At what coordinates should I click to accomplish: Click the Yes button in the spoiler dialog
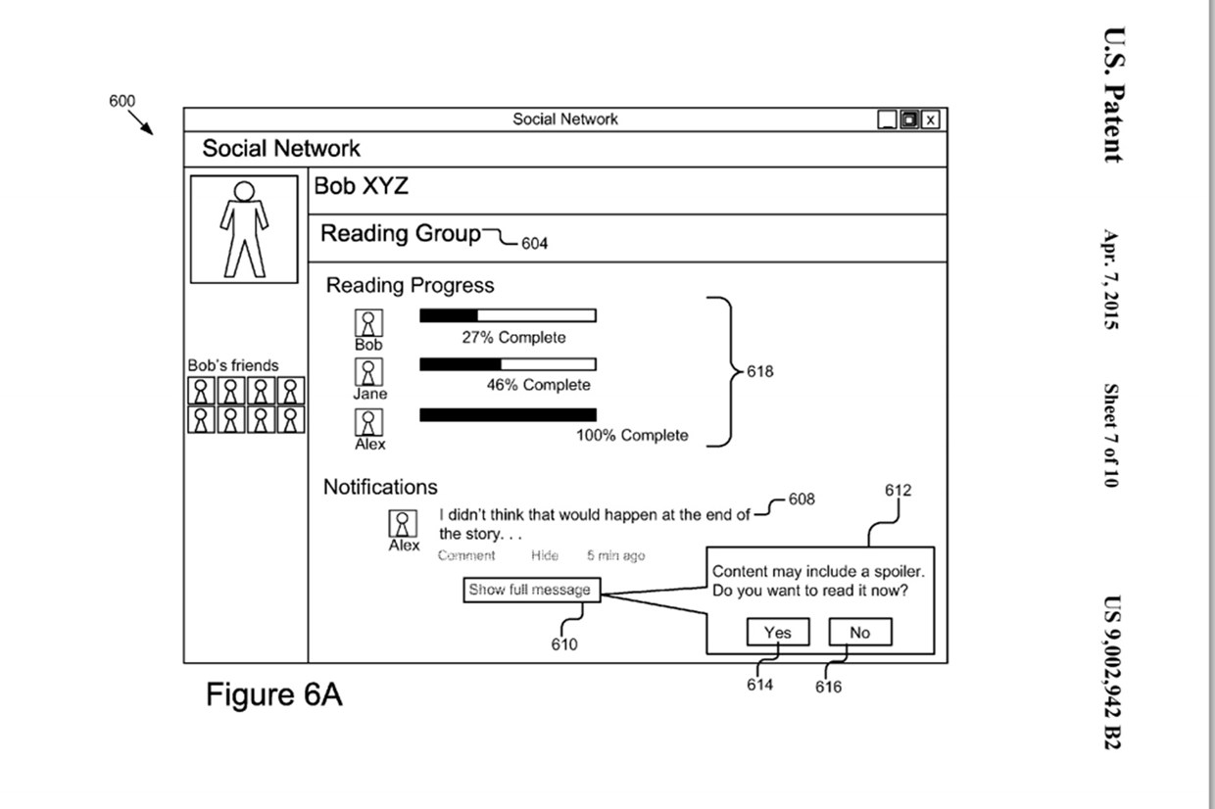(777, 633)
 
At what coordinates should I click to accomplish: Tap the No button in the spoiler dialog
(859, 633)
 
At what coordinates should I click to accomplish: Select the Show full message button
(530, 590)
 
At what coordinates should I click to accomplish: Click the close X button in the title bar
(930, 119)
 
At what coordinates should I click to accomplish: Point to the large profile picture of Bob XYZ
(244, 229)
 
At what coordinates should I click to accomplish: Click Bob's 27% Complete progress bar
(508, 315)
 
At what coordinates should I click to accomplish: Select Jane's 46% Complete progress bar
(508, 364)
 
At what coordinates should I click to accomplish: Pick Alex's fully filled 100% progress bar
(508, 414)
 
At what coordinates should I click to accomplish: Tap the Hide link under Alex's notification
(545, 555)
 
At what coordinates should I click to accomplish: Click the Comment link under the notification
(466, 555)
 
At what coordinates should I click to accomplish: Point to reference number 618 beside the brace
(759, 371)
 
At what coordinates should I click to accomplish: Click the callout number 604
(534, 243)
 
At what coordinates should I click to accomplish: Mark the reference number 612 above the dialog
(898, 490)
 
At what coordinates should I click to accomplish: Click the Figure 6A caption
(273, 695)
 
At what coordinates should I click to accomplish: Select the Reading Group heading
(401, 234)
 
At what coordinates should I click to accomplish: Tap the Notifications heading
(380, 487)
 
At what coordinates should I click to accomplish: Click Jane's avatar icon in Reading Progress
(368, 372)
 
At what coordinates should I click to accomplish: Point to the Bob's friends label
(233, 365)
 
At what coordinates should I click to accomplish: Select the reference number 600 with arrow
(122, 101)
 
